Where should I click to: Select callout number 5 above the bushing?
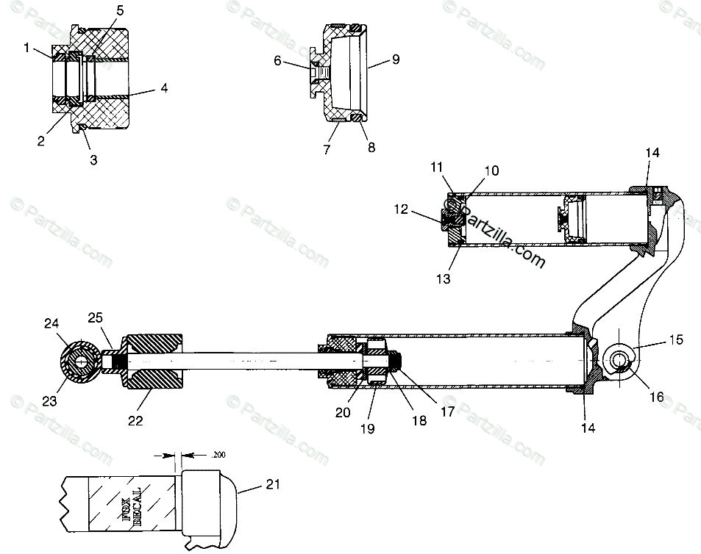120,12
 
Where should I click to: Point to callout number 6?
278,61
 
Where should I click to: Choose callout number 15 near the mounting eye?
676,339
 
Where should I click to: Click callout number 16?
656,397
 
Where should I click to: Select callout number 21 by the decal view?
274,484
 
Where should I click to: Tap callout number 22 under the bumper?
135,420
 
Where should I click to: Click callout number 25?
94,317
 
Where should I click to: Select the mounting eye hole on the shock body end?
618,360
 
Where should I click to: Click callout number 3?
93,158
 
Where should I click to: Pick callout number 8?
371,147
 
